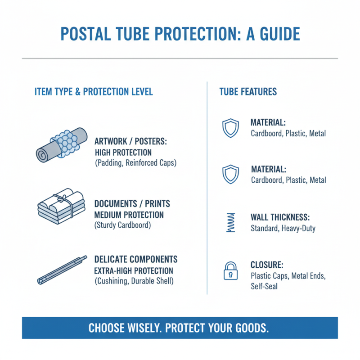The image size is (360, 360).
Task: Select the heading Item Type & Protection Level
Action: tap(94, 92)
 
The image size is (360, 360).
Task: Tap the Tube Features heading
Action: tap(248, 92)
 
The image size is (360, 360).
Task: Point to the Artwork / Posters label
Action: tap(130, 141)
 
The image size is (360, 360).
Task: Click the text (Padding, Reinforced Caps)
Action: tap(135, 163)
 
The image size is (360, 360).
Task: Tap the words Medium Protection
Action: tap(129, 215)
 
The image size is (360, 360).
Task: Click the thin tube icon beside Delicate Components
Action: tap(61, 270)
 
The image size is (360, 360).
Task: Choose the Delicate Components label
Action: tap(136, 260)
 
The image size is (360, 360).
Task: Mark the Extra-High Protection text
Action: tap(134, 271)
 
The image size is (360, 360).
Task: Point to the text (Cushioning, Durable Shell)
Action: tap(134, 282)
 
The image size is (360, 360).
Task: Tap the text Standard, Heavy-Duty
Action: tap(283, 228)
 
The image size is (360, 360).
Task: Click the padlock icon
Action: tap(230, 271)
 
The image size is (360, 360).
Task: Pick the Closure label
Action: tap(267, 265)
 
